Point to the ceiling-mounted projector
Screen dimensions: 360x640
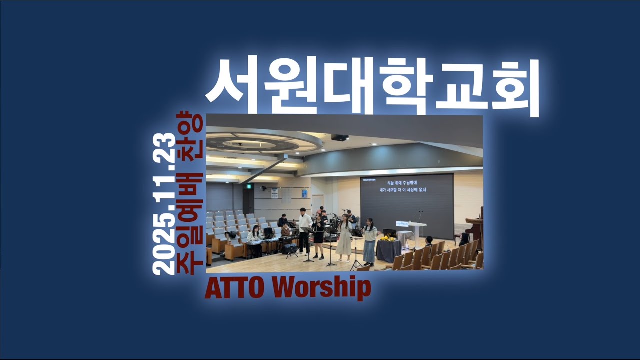(x=340, y=137)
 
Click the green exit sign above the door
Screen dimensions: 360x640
(x=248, y=185)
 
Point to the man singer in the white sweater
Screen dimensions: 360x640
(x=304, y=230)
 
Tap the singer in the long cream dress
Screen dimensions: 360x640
(x=344, y=240)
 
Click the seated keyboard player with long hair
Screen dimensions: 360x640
(x=255, y=240)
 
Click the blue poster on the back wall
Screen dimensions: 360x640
(x=304, y=193)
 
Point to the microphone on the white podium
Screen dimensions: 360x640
(x=420, y=216)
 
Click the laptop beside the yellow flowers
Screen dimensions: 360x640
(x=390, y=233)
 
